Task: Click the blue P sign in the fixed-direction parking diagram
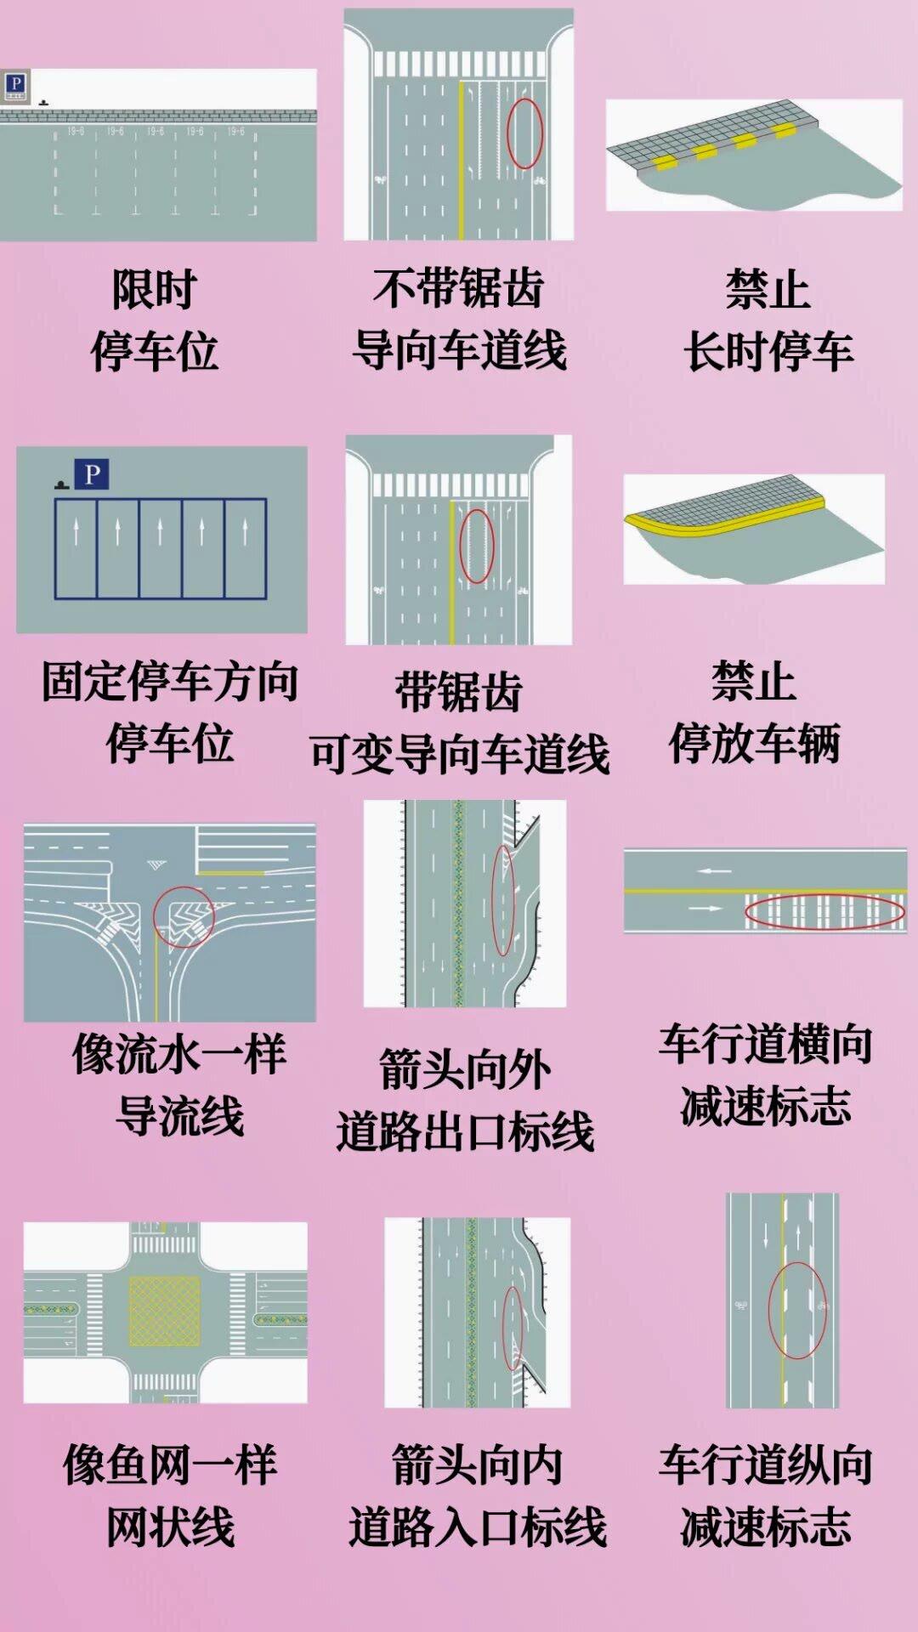click(x=92, y=474)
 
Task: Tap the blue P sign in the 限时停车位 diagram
click(x=15, y=84)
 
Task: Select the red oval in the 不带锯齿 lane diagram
click(x=524, y=133)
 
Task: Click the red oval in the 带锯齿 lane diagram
click(x=477, y=546)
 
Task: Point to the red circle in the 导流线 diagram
click(x=184, y=916)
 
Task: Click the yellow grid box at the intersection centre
click(x=164, y=1311)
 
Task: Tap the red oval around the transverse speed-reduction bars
click(x=824, y=912)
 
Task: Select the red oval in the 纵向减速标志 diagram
click(x=797, y=1310)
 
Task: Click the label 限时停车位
click(x=154, y=320)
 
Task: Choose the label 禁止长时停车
click(x=768, y=320)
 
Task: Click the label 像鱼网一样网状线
click(x=170, y=1496)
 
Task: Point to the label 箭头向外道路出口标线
click(x=465, y=1101)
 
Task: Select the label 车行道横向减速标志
click(x=765, y=1075)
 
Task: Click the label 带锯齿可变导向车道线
click(x=459, y=722)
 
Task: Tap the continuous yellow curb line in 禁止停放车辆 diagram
click(x=722, y=521)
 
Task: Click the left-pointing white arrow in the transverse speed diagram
click(x=714, y=871)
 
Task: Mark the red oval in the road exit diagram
click(x=504, y=900)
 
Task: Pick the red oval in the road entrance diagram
click(x=513, y=1328)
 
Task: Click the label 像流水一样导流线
click(x=179, y=1085)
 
